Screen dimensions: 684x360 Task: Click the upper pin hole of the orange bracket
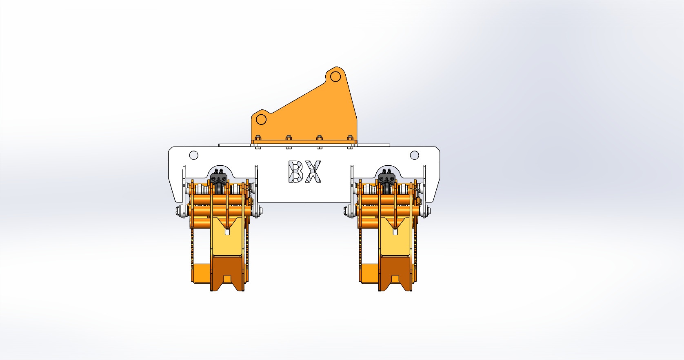pos(335,77)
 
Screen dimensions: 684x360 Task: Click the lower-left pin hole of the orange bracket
pos(261,120)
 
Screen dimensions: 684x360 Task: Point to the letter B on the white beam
pos(296,171)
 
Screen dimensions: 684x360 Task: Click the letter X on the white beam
pos(313,171)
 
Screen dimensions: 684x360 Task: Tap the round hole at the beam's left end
pos(193,155)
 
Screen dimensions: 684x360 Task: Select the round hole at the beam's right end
pos(414,155)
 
